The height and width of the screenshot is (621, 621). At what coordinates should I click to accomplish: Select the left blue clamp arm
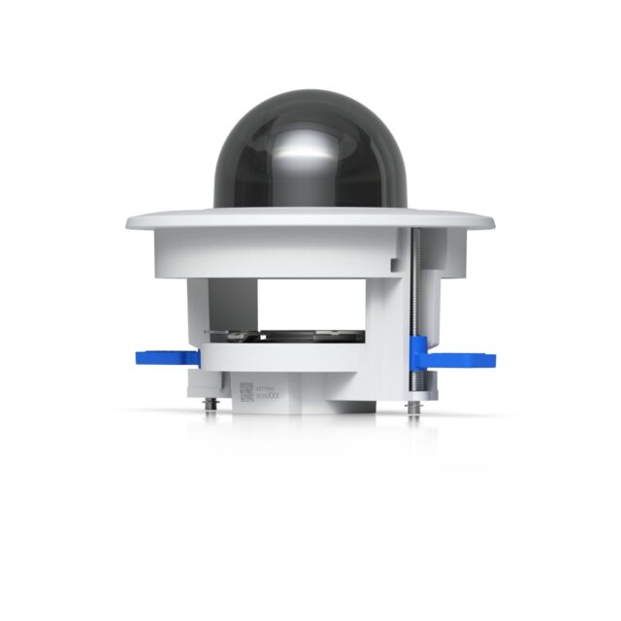[x=165, y=357]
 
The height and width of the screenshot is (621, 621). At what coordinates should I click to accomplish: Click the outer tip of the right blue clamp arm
[x=490, y=360]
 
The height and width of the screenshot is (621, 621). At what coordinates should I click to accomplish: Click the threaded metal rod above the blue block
[x=414, y=281]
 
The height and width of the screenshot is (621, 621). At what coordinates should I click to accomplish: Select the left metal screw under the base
[x=211, y=401]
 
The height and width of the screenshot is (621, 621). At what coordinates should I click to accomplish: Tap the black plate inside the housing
[x=310, y=337]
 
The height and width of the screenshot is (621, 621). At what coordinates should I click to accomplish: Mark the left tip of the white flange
[x=129, y=223]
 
